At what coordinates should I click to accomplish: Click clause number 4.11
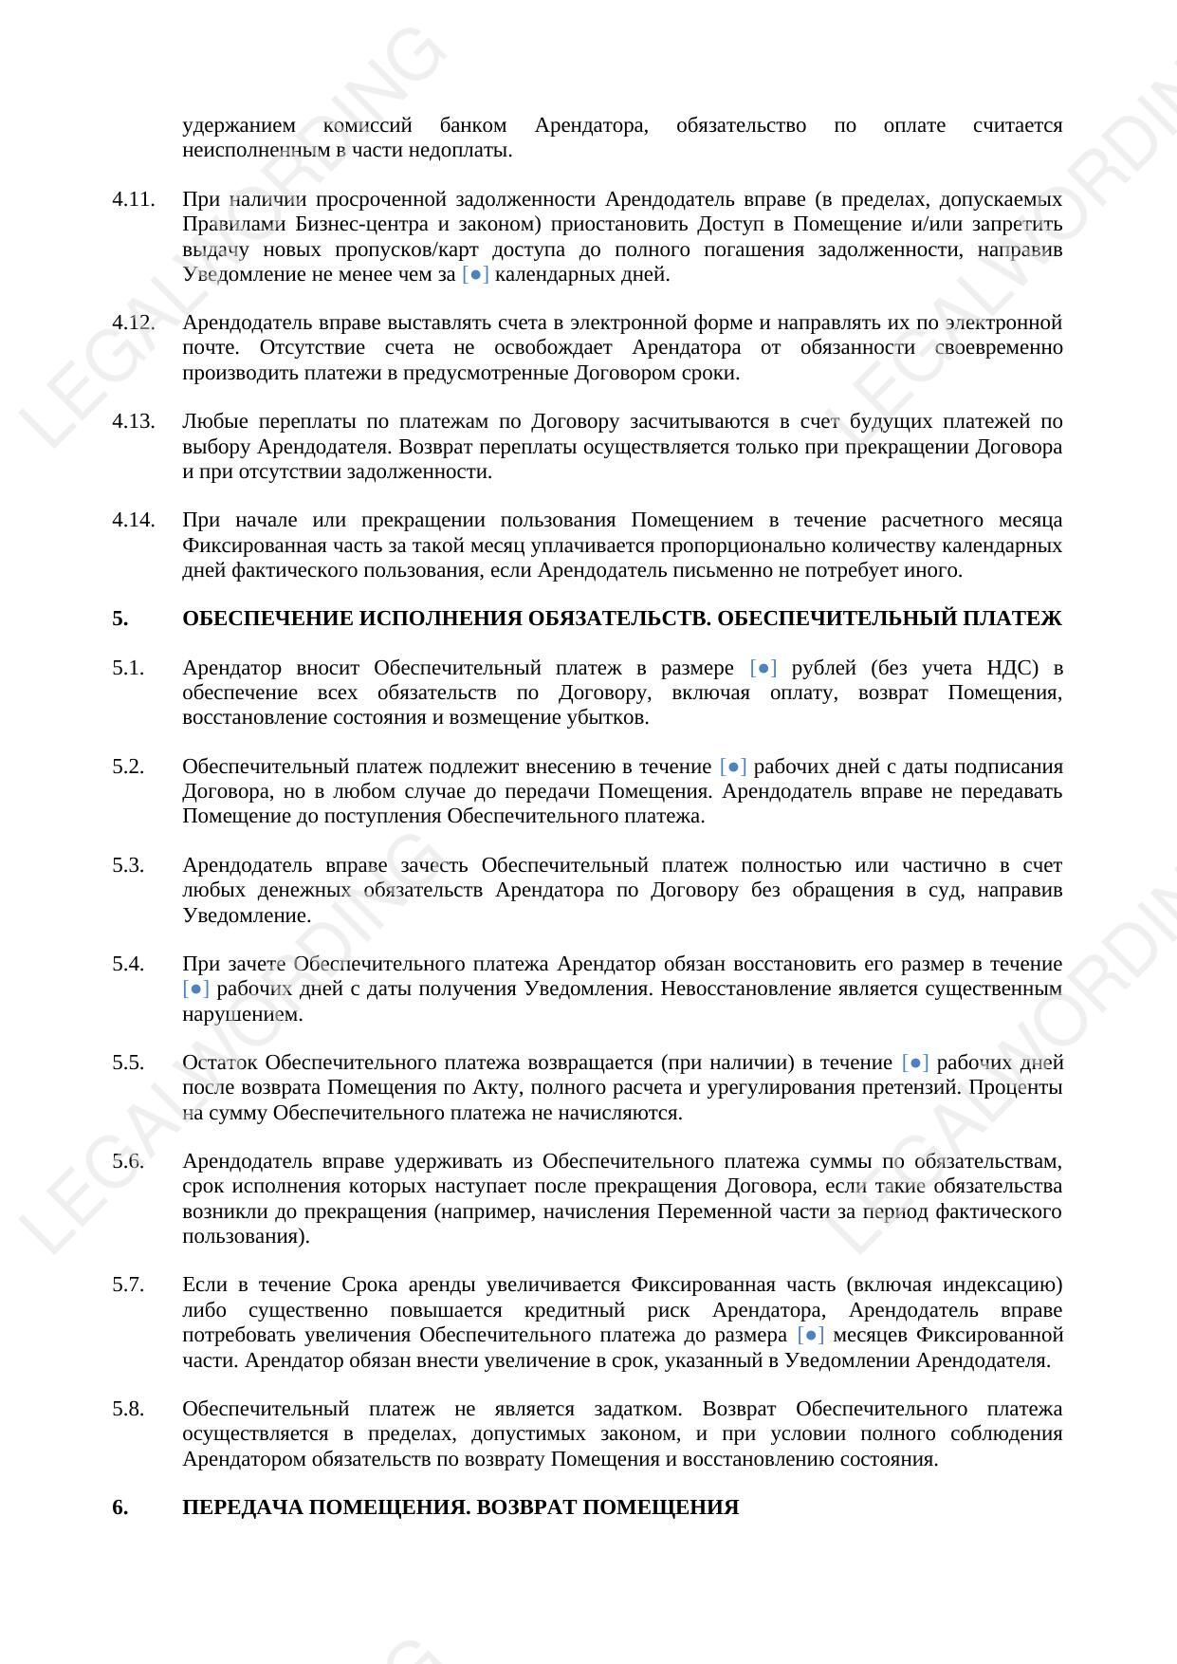coord(133,199)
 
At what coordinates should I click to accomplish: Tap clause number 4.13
coord(133,421)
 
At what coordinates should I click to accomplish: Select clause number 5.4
coord(128,964)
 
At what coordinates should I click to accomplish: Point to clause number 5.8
coord(128,1409)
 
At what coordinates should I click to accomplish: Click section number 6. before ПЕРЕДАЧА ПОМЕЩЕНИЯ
coord(120,1507)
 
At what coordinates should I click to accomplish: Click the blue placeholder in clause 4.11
coord(475,274)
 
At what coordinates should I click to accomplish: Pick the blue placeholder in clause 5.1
coord(763,668)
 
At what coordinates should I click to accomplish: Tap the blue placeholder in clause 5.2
coord(733,767)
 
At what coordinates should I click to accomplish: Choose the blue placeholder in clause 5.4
coord(195,989)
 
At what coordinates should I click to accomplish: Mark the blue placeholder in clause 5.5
coord(915,1063)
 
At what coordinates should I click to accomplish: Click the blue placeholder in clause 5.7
coord(811,1335)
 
